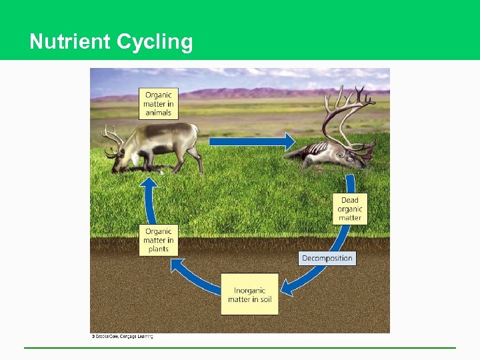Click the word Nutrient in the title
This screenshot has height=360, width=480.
70,41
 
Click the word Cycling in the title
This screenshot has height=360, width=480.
155,42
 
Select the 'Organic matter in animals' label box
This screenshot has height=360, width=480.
159,103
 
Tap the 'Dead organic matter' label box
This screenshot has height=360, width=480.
350,209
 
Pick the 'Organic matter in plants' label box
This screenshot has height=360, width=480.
159,240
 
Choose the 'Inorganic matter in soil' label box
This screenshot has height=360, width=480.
249,295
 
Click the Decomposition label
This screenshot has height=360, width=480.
327,258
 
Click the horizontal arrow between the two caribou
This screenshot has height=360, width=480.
251,141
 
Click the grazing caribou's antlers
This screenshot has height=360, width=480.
113,138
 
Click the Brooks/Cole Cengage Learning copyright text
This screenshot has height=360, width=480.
122,337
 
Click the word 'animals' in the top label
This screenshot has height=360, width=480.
159,113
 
